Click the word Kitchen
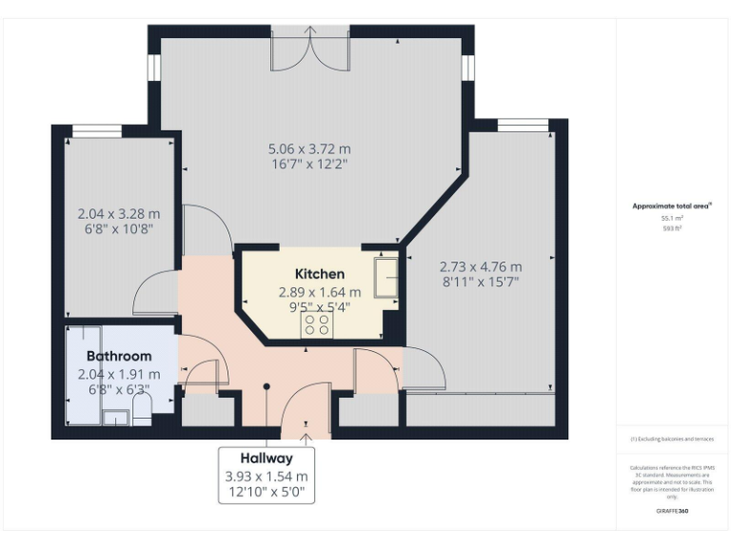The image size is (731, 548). tap(320, 274)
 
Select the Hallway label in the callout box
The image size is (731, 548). tap(267, 458)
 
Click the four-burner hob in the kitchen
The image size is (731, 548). tap(318, 325)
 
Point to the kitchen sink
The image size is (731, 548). tap(386, 277)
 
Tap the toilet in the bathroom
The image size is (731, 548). tap(140, 410)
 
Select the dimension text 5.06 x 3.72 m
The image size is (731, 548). tap(309, 148)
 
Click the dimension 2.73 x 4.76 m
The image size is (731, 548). tap(481, 266)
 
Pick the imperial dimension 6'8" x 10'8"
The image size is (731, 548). tap(119, 228)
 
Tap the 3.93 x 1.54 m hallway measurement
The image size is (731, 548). tap(267, 476)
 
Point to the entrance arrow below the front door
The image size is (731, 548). tap(306, 439)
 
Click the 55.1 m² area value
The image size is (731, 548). tap(673, 218)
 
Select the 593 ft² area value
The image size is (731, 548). tap(673, 228)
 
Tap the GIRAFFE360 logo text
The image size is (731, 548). tap(672, 512)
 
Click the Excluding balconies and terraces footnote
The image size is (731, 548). tap(672, 439)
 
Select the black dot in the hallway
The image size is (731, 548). tap(267, 386)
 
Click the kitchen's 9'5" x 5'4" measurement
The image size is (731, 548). tap(320, 307)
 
